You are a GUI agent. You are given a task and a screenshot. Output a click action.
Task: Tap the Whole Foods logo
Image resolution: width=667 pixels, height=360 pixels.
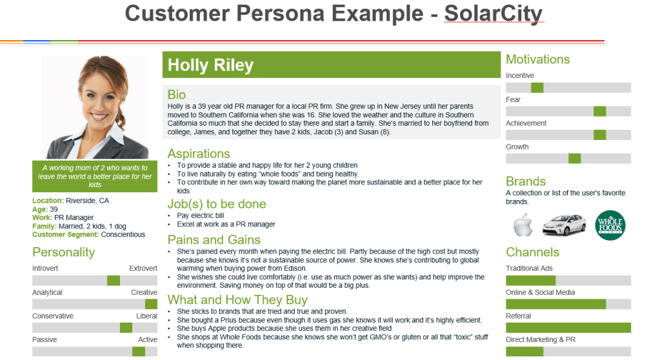(610, 225)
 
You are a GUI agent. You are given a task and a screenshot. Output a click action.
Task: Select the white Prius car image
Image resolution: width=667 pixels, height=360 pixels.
(564, 225)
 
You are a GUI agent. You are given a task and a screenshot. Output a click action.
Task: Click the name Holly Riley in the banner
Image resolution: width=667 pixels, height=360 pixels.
(210, 65)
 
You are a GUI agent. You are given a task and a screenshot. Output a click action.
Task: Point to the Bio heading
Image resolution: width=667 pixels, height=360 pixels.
(177, 94)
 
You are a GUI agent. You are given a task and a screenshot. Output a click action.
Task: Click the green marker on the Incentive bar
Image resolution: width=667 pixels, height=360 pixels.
(537, 88)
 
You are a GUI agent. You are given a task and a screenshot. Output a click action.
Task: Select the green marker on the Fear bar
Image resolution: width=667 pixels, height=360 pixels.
(600, 112)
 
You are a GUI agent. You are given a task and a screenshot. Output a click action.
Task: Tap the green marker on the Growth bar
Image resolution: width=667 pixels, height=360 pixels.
(574, 159)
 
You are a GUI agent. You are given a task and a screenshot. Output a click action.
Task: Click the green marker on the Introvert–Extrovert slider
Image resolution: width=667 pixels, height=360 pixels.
(114, 281)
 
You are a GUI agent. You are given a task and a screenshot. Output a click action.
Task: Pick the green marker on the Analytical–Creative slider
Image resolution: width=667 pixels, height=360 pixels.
(151, 304)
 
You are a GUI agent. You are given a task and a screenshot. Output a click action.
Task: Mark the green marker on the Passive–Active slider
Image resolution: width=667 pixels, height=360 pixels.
(139, 352)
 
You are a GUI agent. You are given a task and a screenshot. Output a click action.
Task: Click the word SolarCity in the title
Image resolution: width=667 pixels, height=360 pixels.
(493, 14)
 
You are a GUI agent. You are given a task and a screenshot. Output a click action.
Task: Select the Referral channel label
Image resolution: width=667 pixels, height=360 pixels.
(518, 316)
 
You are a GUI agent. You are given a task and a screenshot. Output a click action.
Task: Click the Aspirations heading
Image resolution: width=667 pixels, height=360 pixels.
(199, 154)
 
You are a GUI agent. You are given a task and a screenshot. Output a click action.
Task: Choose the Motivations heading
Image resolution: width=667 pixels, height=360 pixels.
(538, 59)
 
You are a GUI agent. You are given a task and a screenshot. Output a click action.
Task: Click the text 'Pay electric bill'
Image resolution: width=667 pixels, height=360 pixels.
(201, 215)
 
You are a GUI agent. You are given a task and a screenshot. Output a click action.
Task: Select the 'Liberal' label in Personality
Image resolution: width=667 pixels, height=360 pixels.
(147, 316)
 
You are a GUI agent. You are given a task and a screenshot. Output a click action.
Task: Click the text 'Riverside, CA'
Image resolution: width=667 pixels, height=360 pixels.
(87, 201)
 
